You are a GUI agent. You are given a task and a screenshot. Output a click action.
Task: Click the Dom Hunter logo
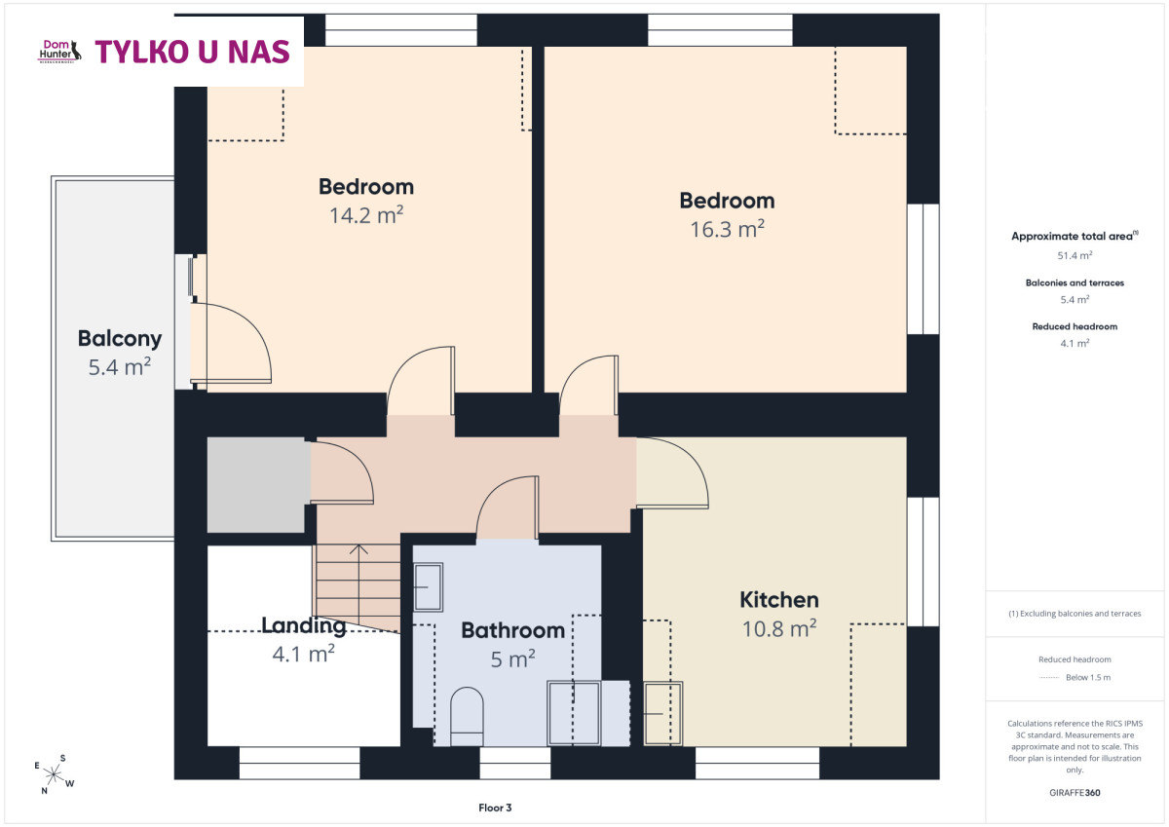tap(59, 51)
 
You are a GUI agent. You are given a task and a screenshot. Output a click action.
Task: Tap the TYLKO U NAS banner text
tap(192, 53)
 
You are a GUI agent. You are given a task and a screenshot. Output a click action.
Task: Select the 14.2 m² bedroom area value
tap(366, 215)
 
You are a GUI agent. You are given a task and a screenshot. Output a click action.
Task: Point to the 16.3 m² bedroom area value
tap(728, 229)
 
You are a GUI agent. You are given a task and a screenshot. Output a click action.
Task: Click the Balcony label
tap(120, 339)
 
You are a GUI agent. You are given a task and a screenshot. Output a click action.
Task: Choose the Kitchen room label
tap(779, 600)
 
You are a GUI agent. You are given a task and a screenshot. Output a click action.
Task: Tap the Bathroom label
tap(513, 630)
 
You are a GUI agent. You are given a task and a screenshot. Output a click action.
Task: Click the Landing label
tap(303, 625)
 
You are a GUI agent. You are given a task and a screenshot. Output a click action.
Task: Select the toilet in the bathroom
tap(467, 716)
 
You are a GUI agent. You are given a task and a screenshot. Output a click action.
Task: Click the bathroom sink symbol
tap(429, 587)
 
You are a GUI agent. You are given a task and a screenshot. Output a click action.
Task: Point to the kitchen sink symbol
tap(662, 713)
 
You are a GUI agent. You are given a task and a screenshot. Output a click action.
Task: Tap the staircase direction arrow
tap(358, 583)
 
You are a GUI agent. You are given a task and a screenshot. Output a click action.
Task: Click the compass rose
tap(54, 774)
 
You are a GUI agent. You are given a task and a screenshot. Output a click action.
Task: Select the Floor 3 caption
tap(495, 808)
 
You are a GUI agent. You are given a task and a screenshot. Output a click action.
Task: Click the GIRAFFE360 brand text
tap(1075, 793)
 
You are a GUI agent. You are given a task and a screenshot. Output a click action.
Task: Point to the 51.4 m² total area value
tap(1075, 255)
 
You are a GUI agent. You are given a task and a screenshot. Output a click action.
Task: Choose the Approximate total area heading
tap(1075, 236)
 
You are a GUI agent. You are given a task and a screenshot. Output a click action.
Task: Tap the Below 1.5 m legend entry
tap(1075, 677)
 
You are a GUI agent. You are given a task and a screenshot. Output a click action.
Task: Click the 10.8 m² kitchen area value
tap(779, 628)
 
